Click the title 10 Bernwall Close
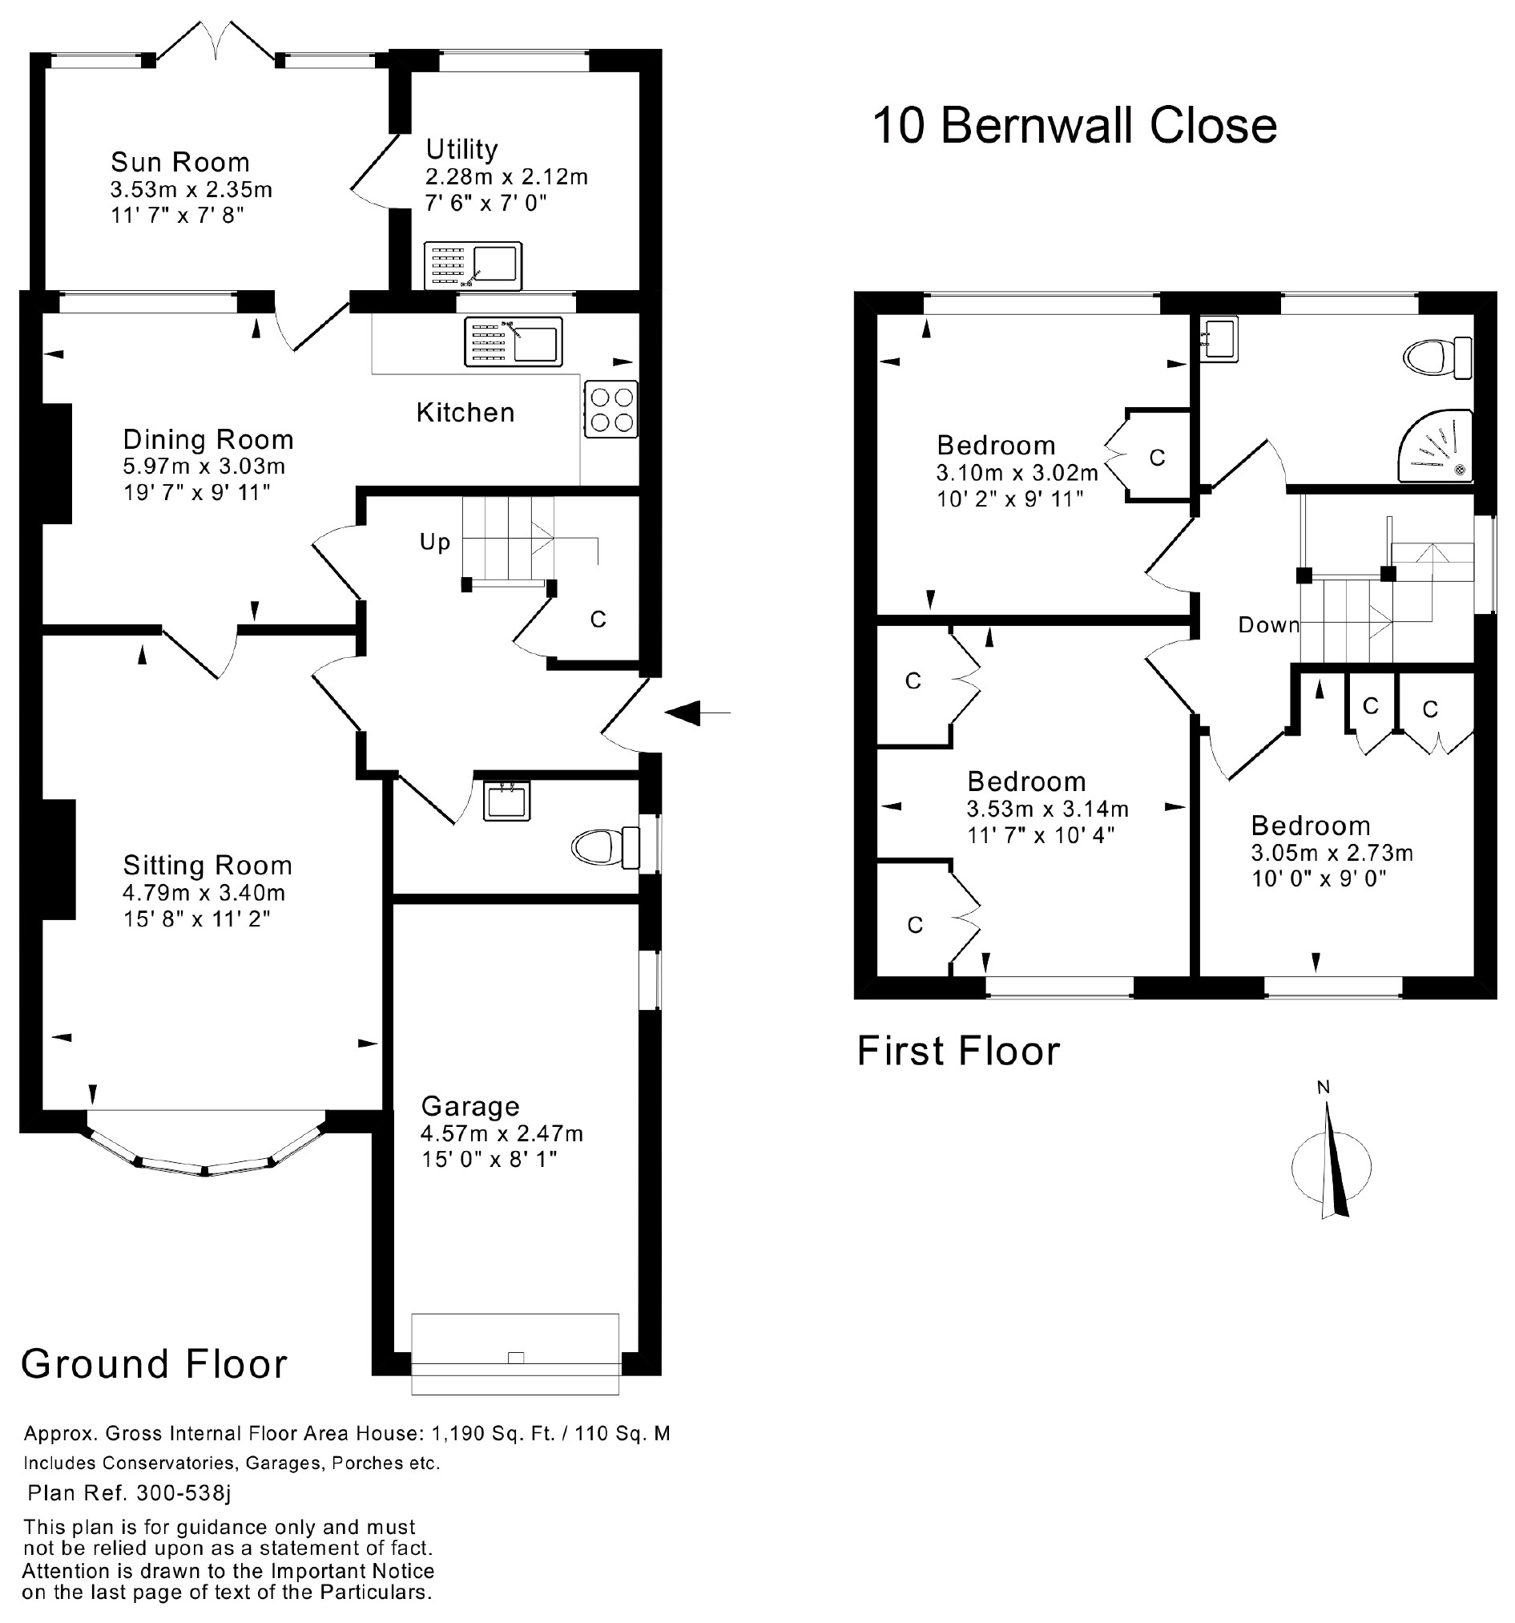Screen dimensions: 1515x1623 [1074, 126]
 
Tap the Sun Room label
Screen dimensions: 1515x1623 [179, 162]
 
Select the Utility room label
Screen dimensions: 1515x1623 [461, 149]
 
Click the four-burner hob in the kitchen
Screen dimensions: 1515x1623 [611, 410]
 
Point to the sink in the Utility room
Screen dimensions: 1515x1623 [473, 265]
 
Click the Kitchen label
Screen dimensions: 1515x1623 [465, 412]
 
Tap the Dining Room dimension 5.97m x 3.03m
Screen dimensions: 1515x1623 [203, 466]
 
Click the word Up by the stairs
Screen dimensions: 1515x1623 [434, 541]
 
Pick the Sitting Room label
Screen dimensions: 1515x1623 [208, 865]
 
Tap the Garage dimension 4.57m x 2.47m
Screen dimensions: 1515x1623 [502, 1133]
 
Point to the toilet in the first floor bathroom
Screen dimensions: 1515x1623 [1436, 357]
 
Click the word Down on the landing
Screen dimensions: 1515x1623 [1267, 624]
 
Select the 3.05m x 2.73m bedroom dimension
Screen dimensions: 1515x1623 [1332, 853]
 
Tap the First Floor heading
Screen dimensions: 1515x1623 [957, 1051]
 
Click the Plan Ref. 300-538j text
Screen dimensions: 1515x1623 [129, 1493]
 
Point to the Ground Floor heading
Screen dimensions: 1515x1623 [155, 1364]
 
